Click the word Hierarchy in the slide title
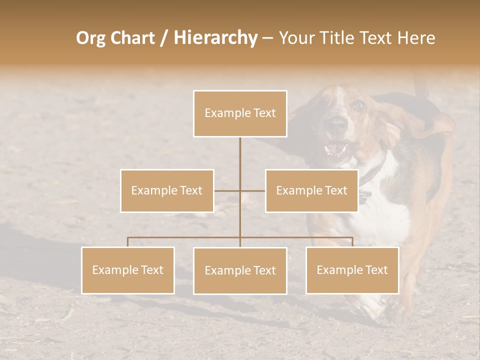point(215,38)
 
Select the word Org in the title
point(90,38)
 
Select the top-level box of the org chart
point(240,113)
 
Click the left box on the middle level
point(167,190)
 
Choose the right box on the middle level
point(311,190)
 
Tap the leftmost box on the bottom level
point(128,270)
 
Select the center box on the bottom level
point(240,270)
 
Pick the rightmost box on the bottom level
point(352,270)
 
